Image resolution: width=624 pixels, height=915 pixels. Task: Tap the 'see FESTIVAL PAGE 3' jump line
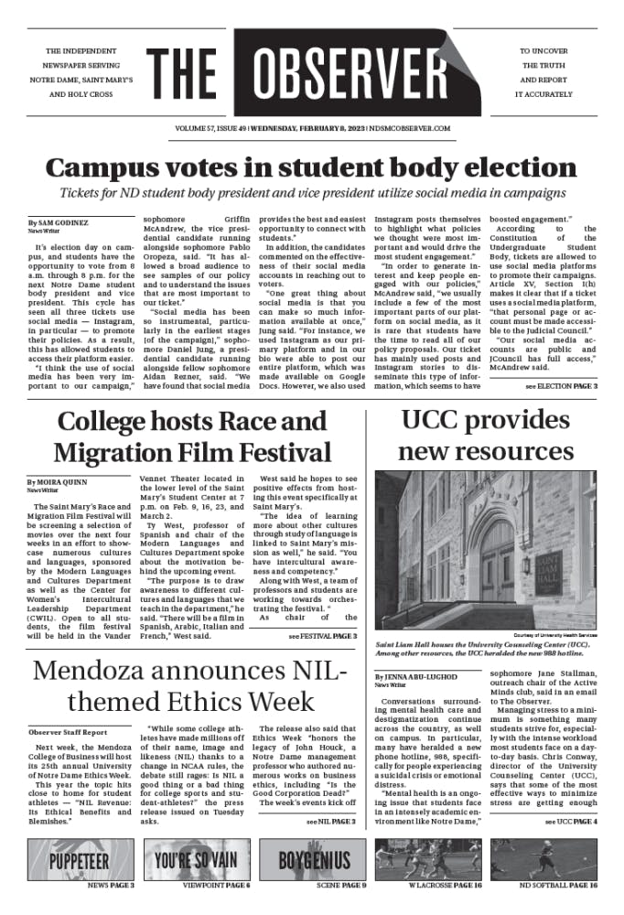coord(322,636)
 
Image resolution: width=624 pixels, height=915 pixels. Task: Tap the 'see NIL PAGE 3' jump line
coord(330,823)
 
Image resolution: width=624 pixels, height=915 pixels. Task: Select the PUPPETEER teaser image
coord(80,860)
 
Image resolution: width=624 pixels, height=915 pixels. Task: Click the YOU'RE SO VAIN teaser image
coord(197,860)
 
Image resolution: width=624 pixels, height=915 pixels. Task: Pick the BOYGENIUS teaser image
coord(314,860)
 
